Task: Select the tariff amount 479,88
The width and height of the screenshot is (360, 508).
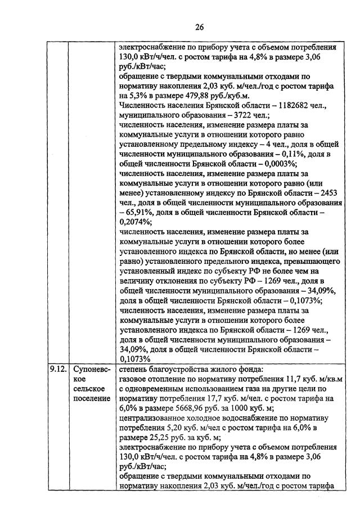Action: pos(204,95)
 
